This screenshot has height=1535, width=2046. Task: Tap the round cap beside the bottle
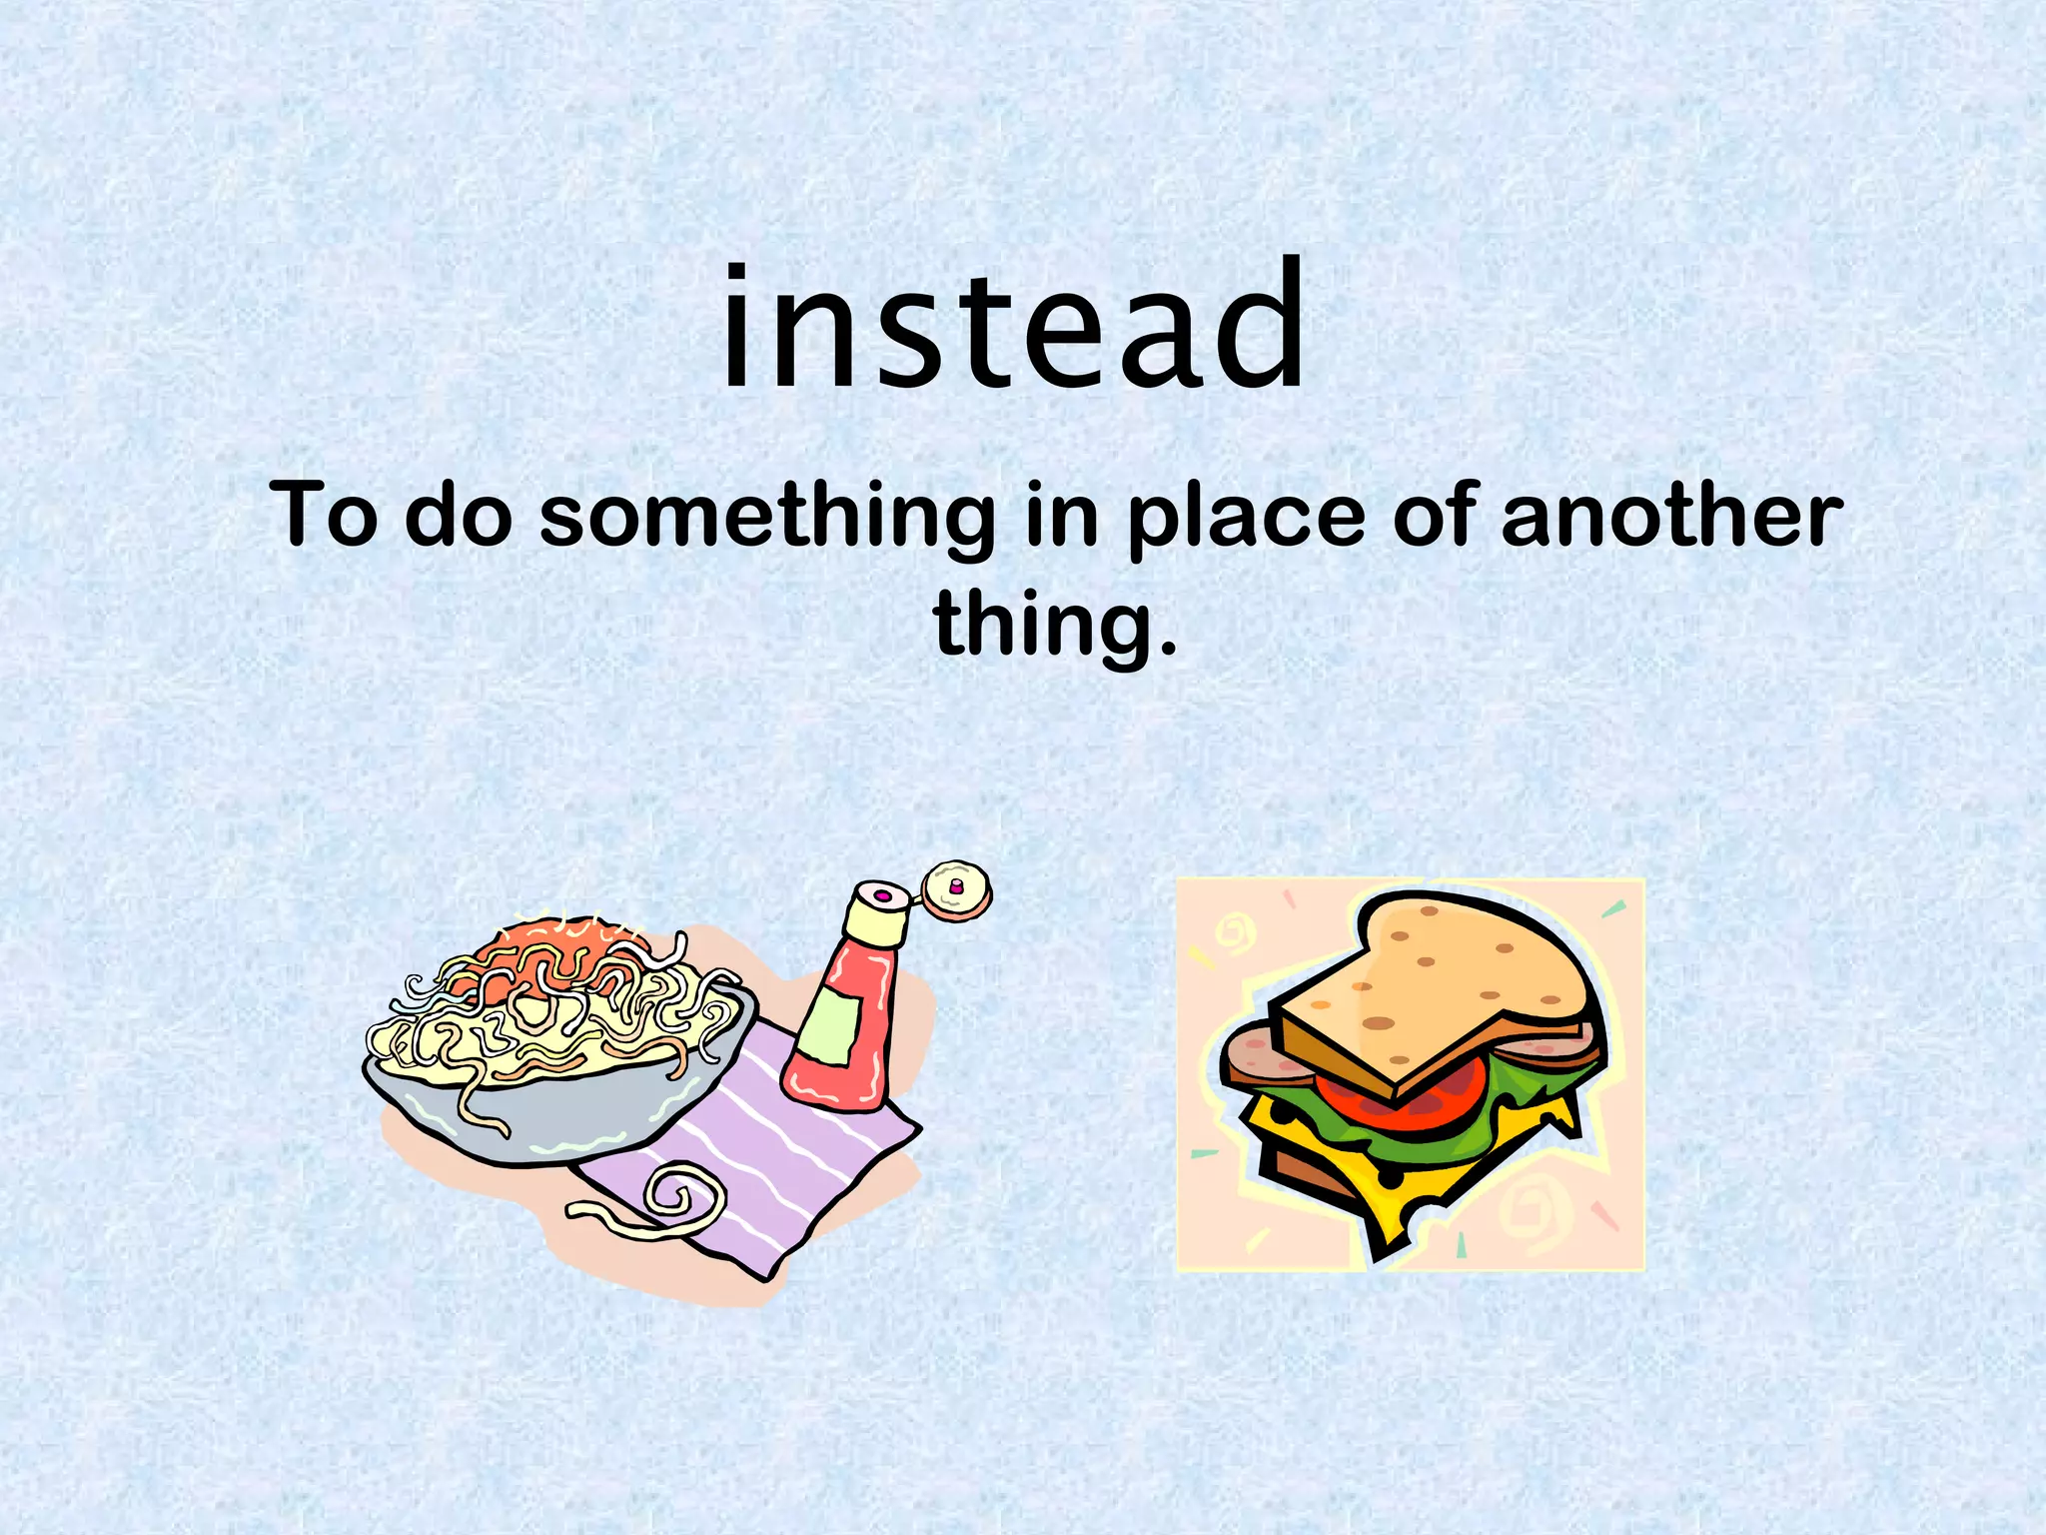coord(957,890)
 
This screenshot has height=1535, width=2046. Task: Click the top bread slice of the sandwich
coord(1439,984)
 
